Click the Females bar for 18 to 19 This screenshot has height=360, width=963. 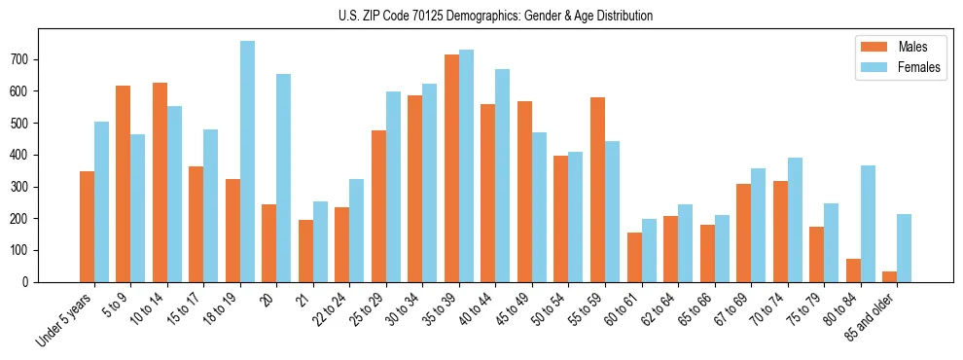[x=247, y=162]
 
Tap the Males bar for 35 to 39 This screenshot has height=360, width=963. [x=451, y=168]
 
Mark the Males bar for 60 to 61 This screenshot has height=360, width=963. [x=634, y=258]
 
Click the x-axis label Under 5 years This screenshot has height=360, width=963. [x=66, y=320]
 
